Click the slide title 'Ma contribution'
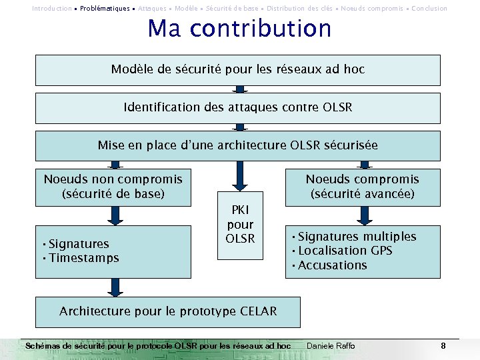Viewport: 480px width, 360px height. (239, 29)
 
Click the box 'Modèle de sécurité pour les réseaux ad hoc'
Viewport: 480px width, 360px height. (238, 69)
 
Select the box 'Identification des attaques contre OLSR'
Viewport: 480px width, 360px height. (238, 107)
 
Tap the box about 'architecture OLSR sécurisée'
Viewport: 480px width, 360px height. (238, 145)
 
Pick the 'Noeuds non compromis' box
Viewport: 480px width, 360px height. (113, 187)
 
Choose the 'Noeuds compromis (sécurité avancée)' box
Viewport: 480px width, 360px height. (363, 187)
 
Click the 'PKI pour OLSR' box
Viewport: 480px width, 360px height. (240, 225)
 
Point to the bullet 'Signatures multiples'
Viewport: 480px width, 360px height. (357, 237)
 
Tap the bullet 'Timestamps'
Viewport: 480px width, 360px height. (83, 258)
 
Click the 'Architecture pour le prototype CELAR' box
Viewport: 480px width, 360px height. (168, 311)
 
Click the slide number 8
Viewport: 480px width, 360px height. (443, 346)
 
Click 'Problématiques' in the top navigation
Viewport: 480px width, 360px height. (105, 9)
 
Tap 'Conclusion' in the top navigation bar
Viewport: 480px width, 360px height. (429, 9)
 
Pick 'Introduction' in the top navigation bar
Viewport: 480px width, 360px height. (52, 9)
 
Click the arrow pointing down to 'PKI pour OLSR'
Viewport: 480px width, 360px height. (240, 176)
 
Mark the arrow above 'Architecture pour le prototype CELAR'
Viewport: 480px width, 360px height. (116, 287)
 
